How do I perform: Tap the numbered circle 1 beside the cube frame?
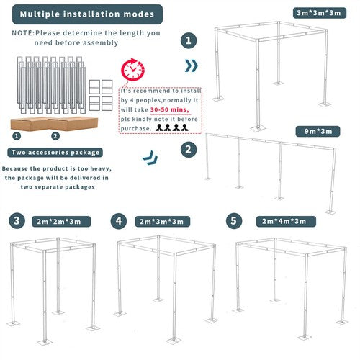(189, 41)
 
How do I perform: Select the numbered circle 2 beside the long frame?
(189, 150)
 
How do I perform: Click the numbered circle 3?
(18, 220)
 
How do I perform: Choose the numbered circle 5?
(233, 220)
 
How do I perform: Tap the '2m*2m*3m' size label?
(60, 221)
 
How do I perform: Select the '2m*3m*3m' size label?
(161, 221)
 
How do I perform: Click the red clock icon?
(132, 70)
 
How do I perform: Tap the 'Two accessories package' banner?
(55, 152)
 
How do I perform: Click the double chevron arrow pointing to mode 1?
(191, 66)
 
